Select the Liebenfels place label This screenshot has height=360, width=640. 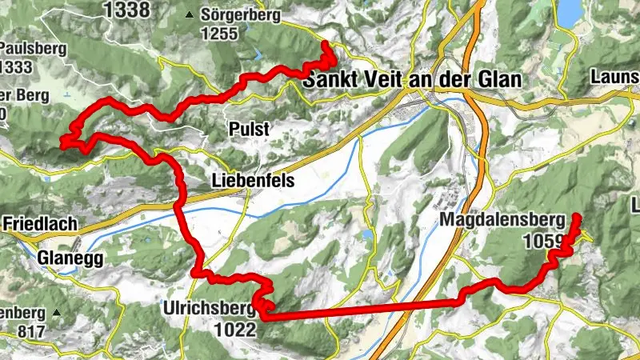click(x=253, y=182)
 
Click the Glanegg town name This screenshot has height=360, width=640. click(x=70, y=258)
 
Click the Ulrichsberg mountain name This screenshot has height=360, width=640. click(x=208, y=308)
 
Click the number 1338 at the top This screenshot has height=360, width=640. click(x=126, y=10)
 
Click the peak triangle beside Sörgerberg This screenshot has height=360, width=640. click(x=190, y=15)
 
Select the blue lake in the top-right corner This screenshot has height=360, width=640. click(x=569, y=11)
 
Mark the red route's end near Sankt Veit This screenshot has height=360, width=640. click(x=326, y=45)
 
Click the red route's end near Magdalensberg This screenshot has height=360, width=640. click(x=576, y=217)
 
